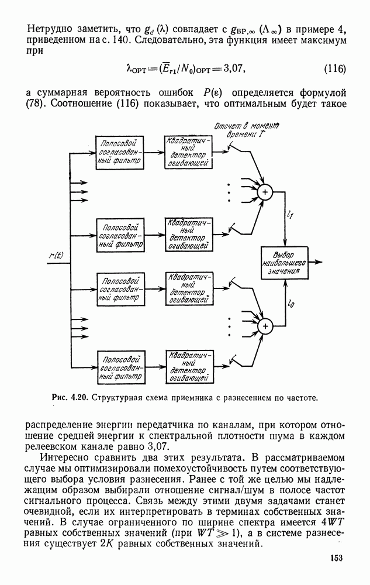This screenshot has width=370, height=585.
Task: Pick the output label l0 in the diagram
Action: [x=291, y=304]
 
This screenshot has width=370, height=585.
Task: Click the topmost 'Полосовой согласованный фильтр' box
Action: [x=120, y=151]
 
